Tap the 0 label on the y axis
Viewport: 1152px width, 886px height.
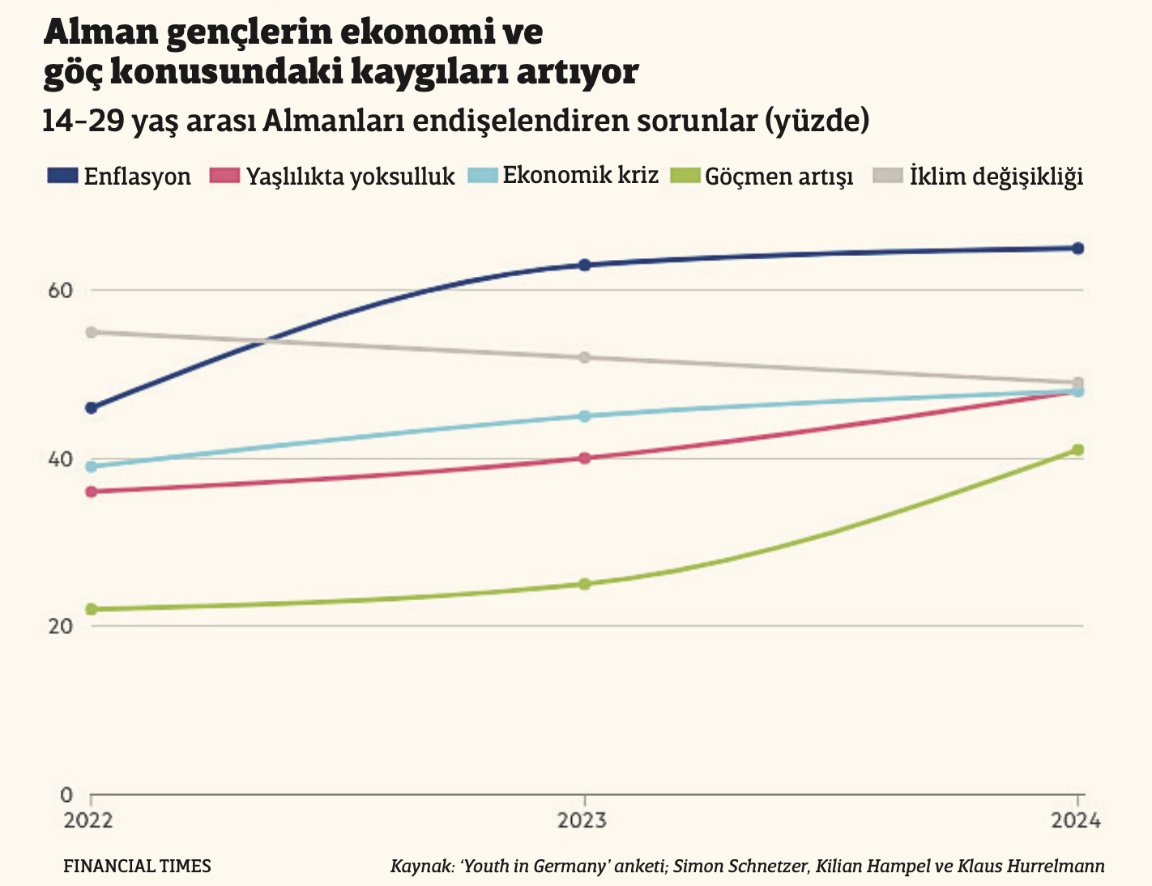click(66, 794)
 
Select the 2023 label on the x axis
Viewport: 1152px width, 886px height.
click(583, 821)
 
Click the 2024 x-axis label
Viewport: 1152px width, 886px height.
click(1077, 821)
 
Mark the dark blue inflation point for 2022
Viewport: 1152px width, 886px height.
click(92, 407)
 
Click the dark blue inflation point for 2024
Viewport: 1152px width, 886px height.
click(1077, 248)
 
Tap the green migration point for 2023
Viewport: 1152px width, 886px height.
click(585, 584)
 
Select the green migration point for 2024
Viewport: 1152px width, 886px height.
click(1077, 449)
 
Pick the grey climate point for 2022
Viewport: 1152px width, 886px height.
click(92, 332)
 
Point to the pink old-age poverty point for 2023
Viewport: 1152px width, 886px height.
click(585, 458)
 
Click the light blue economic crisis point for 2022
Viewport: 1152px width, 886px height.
click(92, 466)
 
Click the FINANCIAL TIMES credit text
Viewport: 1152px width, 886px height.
click(137, 866)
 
